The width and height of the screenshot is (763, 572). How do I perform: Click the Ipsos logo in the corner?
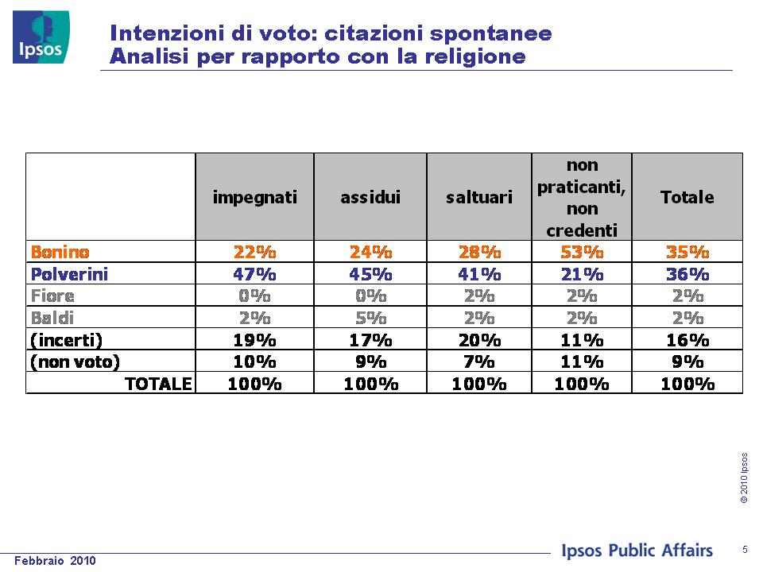pyautogui.click(x=41, y=37)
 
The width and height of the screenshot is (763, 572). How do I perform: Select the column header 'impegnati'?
pyautogui.click(x=254, y=198)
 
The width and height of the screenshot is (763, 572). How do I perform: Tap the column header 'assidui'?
pyautogui.click(x=370, y=197)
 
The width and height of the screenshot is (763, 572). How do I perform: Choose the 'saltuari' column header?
pyautogui.click(x=479, y=197)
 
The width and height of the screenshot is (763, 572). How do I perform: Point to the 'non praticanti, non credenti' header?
pyautogui.click(x=582, y=198)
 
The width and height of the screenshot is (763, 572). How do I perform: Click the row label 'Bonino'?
pyautogui.click(x=60, y=252)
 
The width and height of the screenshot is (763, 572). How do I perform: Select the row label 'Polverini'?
pyautogui.click(x=69, y=274)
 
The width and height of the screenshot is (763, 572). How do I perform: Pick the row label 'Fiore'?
pyautogui.click(x=52, y=296)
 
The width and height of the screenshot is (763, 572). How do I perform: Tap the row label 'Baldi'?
pyautogui.click(x=52, y=318)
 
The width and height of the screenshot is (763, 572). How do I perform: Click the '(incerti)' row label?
pyautogui.click(x=66, y=340)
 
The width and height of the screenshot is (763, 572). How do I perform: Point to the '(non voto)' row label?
pyautogui.click(x=75, y=362)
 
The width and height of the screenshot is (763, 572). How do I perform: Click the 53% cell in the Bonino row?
pyautogui.click(x=582, y=252)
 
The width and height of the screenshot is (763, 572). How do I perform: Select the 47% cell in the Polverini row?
pyautogui.click(x=254, y=274)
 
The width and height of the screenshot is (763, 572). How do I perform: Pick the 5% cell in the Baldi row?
pyautogui.click(x=371, y=318)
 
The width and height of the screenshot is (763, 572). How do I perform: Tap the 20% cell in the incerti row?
pyautogui.click(x=479, y=340)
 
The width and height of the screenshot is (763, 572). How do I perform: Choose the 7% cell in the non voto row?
pyautogui.click(x=479, y=362)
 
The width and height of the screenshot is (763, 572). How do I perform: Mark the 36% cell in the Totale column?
pyautogui.click(x=687, y=274)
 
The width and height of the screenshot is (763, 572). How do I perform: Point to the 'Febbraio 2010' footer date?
pyautogui.click(x=55, y=560)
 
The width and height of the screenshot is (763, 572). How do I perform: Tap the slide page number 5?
pyautogui.click(x=745, y=550)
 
